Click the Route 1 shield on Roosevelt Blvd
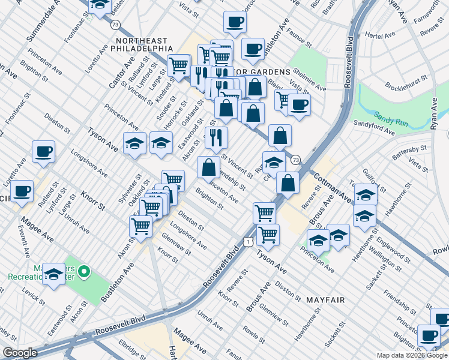tap(248, 241)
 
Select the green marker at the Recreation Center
tap(84, 273)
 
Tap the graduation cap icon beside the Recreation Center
tap(54, 274)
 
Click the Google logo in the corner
tap(19, 353)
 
